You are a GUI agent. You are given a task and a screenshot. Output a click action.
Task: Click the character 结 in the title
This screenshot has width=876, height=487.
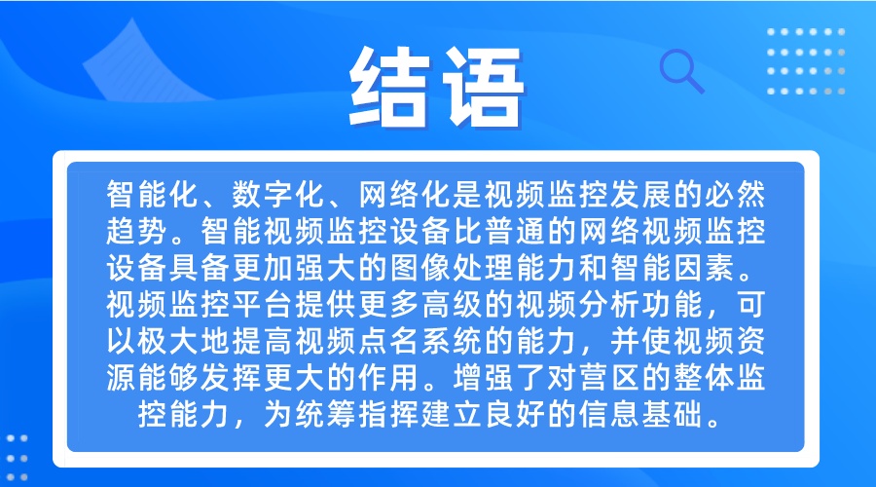389,88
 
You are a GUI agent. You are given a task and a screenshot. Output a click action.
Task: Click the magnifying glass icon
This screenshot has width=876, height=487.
681,71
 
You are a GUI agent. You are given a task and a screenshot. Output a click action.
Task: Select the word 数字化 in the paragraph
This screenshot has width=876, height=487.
278,194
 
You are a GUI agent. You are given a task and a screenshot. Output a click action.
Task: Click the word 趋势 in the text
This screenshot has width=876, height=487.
137,231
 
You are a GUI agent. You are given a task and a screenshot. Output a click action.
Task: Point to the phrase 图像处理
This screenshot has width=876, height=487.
452,268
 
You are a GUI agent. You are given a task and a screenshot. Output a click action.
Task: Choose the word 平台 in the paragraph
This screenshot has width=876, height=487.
263,305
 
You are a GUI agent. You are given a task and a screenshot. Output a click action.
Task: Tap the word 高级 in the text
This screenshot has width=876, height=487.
452,305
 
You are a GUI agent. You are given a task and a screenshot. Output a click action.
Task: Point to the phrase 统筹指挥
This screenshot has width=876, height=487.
357,415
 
